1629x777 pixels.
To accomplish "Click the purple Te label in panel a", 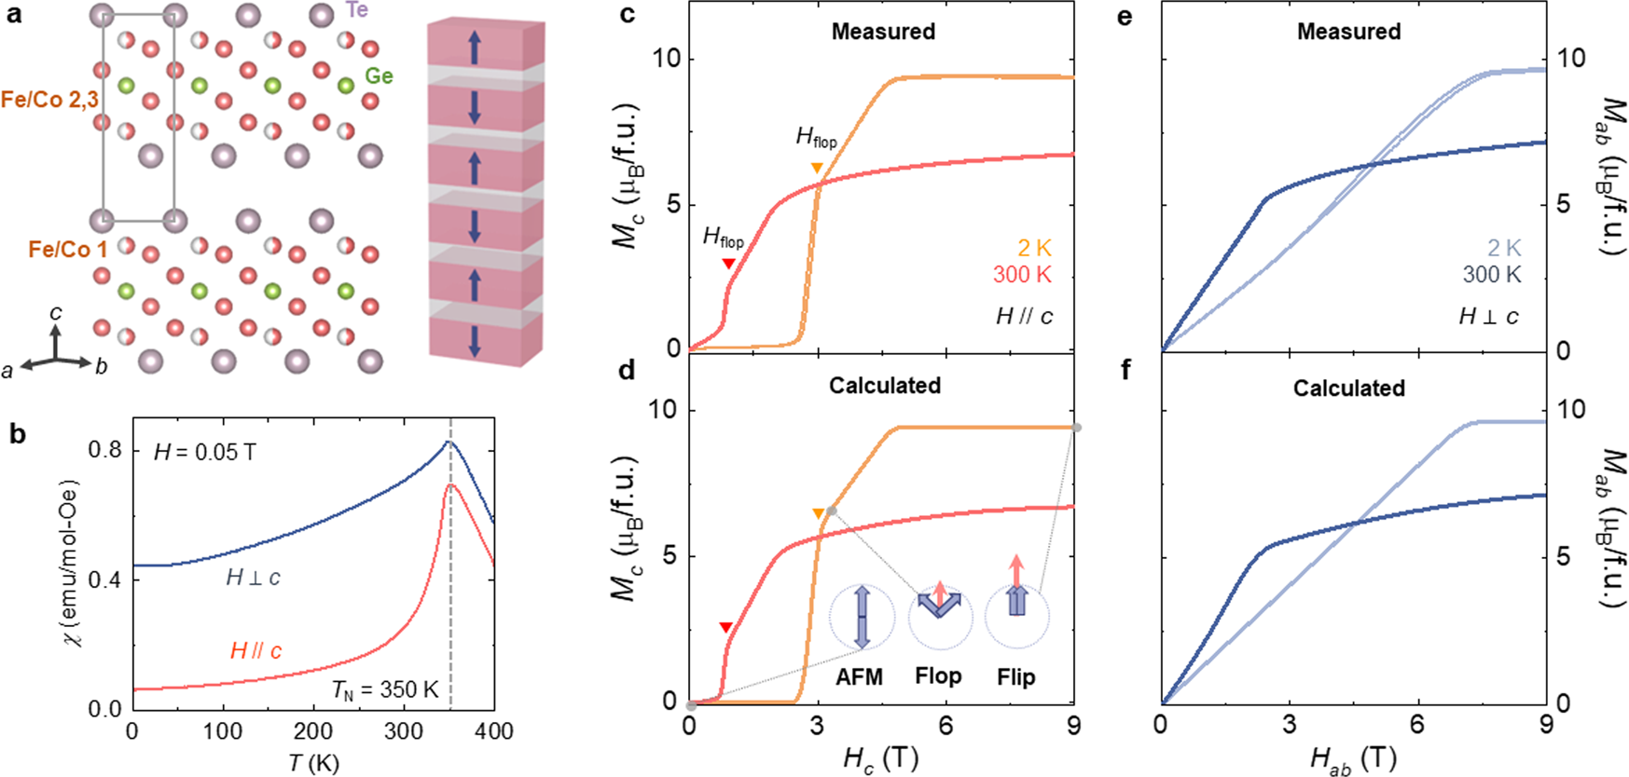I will tap(356, 10).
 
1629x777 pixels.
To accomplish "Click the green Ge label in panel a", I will tap(379, 76).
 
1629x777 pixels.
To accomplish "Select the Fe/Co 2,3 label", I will tap(48, 100).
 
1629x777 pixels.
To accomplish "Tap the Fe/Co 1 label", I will tap(68, 250).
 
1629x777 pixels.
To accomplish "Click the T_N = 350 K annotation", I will tap(385, 689).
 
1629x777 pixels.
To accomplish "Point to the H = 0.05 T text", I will tap(205, 453).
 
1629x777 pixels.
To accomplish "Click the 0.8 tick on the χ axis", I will tap(104, 450).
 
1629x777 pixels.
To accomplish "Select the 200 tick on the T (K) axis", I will tap(312, 731).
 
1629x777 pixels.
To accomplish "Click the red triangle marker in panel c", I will tap(729, 265).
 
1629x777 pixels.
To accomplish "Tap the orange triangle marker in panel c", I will tap(817, 169).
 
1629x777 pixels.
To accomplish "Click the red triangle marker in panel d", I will tap(726, 628).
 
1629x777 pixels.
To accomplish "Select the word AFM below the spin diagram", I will tap(859, 677).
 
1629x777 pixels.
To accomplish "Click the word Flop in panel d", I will tap(938, 676).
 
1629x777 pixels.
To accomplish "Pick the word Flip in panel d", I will tap(1015, 677).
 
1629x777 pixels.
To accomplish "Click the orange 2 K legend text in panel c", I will tap(1034, 248).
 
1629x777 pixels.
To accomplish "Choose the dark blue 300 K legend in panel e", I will tap(1491, 275).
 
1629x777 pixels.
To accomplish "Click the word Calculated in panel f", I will tap(1348, 388).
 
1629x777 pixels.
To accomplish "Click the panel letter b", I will tap(18, 433).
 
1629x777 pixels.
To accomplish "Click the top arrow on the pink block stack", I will tap(475, 47).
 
